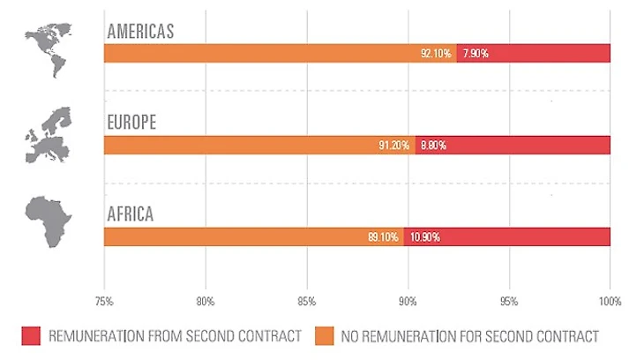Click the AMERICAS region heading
click(x=141, y=31)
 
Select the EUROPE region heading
click(x=131, y=122)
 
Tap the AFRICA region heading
click(x=131, y=214)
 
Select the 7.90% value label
click(x=474, y=54)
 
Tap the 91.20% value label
click(x=394, y=145)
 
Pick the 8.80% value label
click(x=432, y=145)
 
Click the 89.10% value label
click(x=386, y=236)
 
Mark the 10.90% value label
click(x=424, y=236)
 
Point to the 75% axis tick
click(x=104, y=302)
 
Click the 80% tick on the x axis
click(x=206, y=302)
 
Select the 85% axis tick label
click(x=306, y=302)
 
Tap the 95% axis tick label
click(x=509, y=302)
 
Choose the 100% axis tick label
click(x=610, y=302)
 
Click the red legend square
click(x=31, y=336)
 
